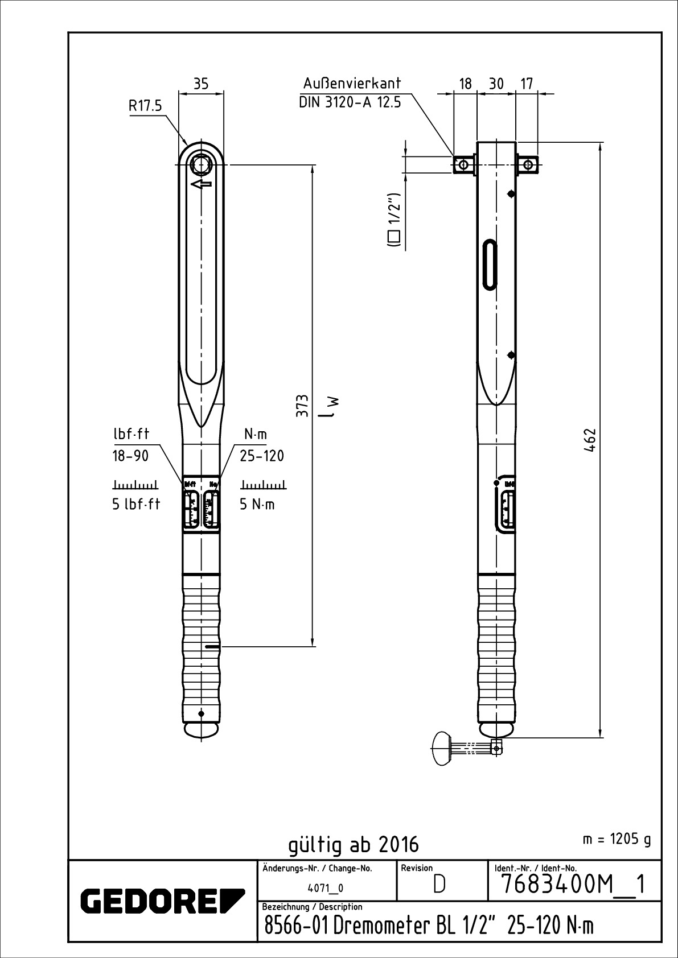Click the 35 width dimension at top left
(x=201, y=84)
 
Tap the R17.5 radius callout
(x=145, y=106)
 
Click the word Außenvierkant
(x=352, y=83)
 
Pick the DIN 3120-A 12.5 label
(x=350, y=102)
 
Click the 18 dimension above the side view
(x=466, y=84)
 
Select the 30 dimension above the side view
(x=496, y=84)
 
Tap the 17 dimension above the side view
(x=527, y=84)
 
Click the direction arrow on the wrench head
(x=202, y=184)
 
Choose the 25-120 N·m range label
(x=262, y=456)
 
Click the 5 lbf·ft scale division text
(x=137, y=504)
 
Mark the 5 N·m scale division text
(x=257, y=504)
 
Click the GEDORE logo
(x=163, y=901)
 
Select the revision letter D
(x=439, y=885)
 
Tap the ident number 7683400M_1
(x=573, y=885)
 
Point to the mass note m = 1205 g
(x=617, y=839)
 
